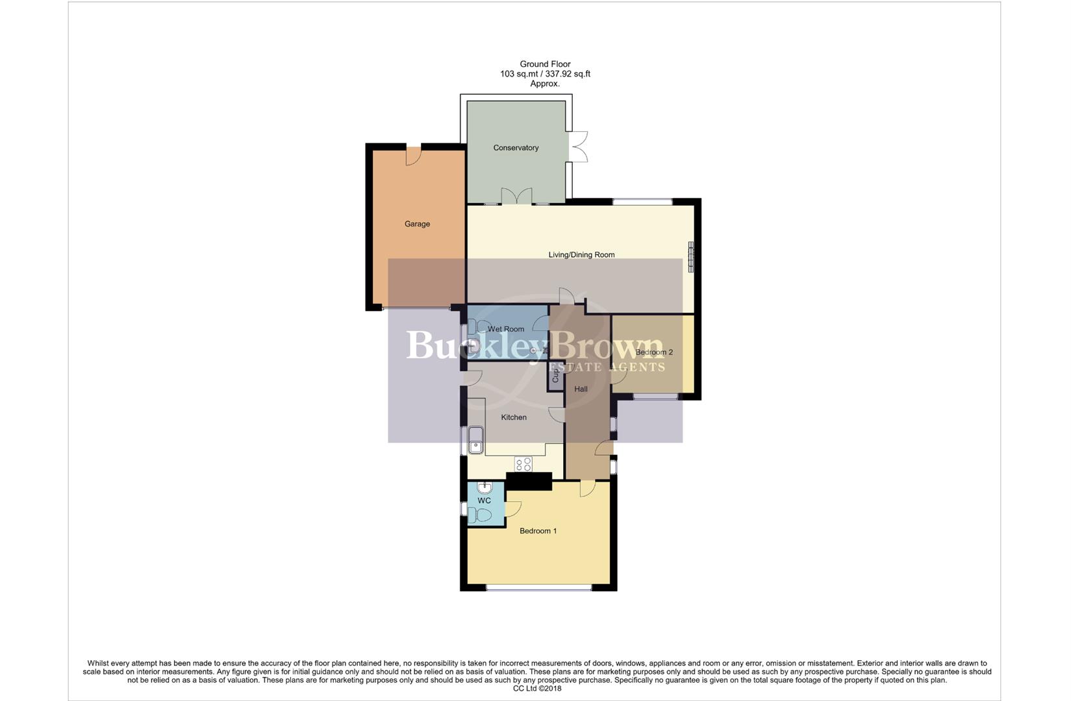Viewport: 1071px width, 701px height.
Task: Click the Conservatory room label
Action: click(x=516, y=148)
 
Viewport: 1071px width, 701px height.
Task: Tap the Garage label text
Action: click(x=417, y=224)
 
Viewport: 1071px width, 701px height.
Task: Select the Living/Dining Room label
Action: click(x=581, y=255)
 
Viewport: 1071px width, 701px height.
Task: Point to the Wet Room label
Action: click(x=506, y=329)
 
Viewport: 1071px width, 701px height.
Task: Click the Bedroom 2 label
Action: click(x=654, y=352)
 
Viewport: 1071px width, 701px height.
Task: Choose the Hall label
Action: click(x=581, y=389)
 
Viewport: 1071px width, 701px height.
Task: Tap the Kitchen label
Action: click(x=514, y=417)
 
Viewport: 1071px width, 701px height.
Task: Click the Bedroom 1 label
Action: click(x=538, y=531)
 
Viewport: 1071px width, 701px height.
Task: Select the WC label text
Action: click(x=484, y=501)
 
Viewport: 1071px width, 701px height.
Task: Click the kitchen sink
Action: click(x=475, y=440)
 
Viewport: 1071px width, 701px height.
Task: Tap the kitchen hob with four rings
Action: click(x=523, y=464)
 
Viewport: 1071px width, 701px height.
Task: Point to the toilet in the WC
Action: click(x=481, y=515)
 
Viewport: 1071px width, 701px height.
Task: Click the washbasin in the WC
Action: click(x=485, y=487)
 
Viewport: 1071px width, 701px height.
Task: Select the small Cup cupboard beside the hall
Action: click(x=555, y=375)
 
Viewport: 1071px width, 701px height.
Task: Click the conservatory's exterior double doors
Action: click(x=579, y=147)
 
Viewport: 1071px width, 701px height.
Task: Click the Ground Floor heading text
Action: click(x=545, y=64)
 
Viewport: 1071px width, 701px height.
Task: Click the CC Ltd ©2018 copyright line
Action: click(x=536, y=689)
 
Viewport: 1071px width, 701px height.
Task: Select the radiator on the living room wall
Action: click(x=691, y=257)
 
